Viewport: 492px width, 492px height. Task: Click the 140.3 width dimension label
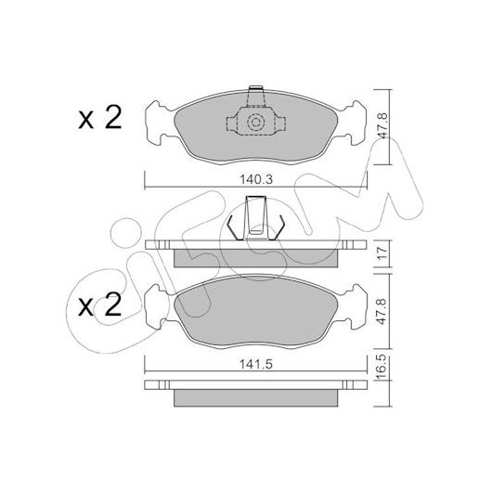[x=256, y=180]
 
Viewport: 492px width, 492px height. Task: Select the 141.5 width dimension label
[x=256, y=365]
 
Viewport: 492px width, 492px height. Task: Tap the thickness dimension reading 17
[x=382, y=253]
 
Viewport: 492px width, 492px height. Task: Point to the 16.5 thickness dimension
[x=382, y=367]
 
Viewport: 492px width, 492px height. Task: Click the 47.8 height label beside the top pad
[x=382, y=125]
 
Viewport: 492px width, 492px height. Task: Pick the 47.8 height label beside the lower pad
[x=382, y=311]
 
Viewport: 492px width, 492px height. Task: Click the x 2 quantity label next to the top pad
[x=99, y=118]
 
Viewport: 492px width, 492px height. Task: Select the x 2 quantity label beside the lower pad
[x=99, y=304]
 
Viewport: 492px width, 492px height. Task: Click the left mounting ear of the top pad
[x=156, y=123]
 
